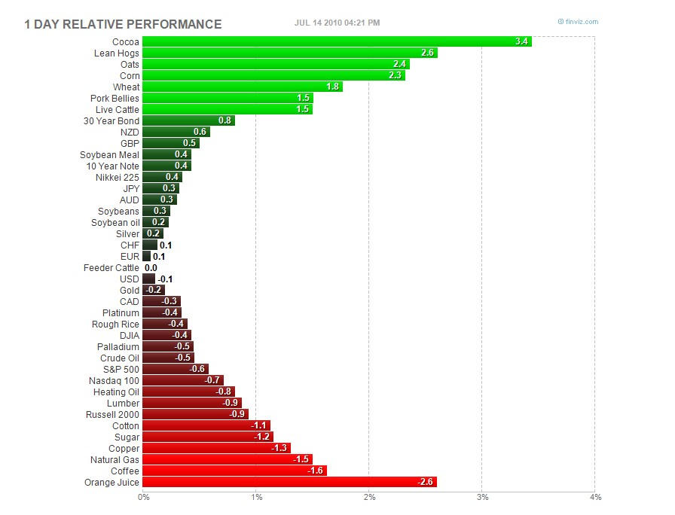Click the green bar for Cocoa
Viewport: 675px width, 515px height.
336,41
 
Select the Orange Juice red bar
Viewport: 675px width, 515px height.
289,482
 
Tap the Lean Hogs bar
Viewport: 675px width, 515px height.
289,53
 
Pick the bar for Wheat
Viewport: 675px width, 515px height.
242,87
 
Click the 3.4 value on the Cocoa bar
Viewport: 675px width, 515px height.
521,41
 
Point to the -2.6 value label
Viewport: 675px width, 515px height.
425,482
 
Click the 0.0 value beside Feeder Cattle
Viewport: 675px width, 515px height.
151,267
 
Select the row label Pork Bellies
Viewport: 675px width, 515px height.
115,98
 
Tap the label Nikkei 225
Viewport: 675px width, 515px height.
118,177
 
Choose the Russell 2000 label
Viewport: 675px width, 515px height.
113,414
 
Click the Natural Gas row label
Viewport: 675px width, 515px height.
115,459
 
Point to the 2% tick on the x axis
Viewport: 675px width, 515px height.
369,497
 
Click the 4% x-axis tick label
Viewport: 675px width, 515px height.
595,497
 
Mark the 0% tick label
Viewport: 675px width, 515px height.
143,497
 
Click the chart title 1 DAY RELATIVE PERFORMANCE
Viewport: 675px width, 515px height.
123,24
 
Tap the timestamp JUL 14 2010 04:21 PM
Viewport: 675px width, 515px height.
337,23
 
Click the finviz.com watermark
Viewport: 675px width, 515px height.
579,22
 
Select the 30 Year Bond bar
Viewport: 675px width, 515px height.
188,120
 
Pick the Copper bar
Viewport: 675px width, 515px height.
216,448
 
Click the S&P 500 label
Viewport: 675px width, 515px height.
120,369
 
